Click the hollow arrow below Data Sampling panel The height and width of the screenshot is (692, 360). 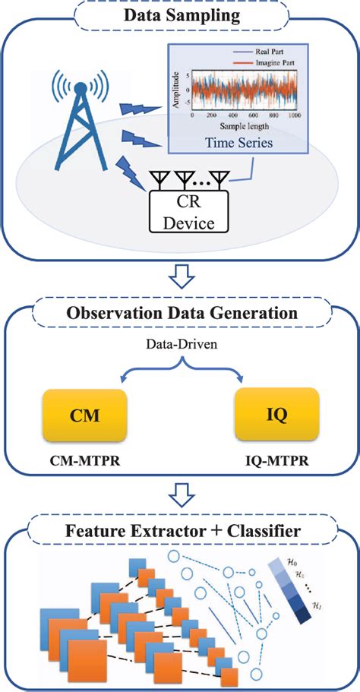pyautogui.click(x=180, y=276)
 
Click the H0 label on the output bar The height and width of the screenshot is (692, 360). pyautogui.click(x=294, y=563)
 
